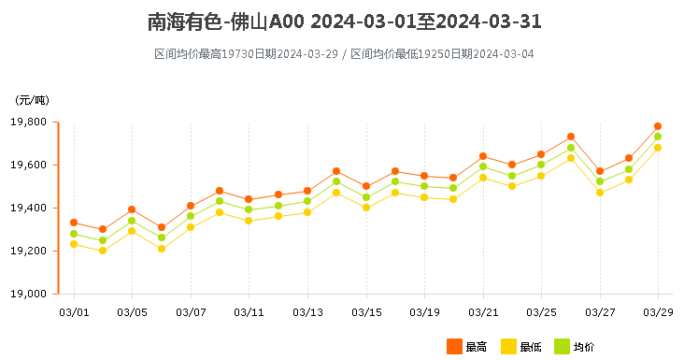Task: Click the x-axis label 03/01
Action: point(74,311)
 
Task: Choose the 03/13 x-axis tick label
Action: point(307,311)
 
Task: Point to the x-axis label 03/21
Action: point(483,311)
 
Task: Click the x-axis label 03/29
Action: point(658,311)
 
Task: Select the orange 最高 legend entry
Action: point(467,347)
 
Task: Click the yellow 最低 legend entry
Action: point(521,347)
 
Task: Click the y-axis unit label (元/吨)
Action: point(32,100)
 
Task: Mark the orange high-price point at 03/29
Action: point(658,126)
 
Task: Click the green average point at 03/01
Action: point(74,234)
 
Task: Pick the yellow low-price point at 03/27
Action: point(600,193)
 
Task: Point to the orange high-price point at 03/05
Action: point(132,209)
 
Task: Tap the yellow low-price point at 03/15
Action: point(366,208)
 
